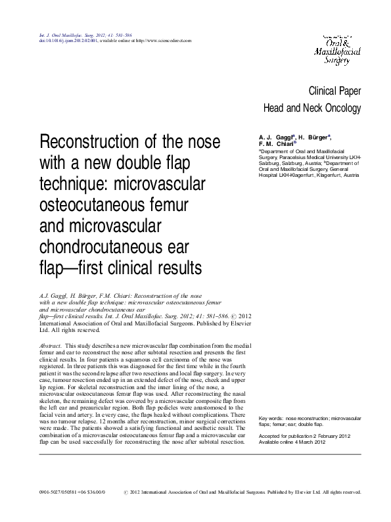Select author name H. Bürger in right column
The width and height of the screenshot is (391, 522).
pyautogui.click(x=314, y=136)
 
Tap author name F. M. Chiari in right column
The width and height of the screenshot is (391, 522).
pyautogui.click(x=277, y=144)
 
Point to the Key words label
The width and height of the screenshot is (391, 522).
pyautogui.click(x=275, y=417)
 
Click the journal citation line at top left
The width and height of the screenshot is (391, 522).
pyautogui.click(x=76, y=34)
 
